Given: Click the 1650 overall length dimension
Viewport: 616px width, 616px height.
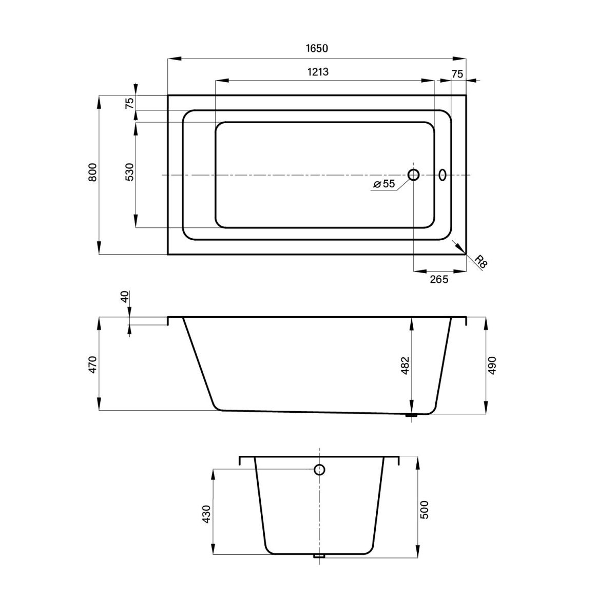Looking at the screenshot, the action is click(x=317, y=48).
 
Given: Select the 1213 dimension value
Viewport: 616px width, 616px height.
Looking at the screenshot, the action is click(x=318, y=71).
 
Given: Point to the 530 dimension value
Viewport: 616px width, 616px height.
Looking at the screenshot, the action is click(x=129, y=172).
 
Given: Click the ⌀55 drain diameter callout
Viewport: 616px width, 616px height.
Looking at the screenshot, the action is click(x=384, y=183).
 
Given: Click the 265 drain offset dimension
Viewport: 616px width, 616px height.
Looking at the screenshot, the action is click(x=439, y=279).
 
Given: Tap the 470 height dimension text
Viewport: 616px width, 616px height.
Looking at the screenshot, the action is click(x=92, y=364).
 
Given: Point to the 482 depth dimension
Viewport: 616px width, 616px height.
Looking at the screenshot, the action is click(x=405, y=365).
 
